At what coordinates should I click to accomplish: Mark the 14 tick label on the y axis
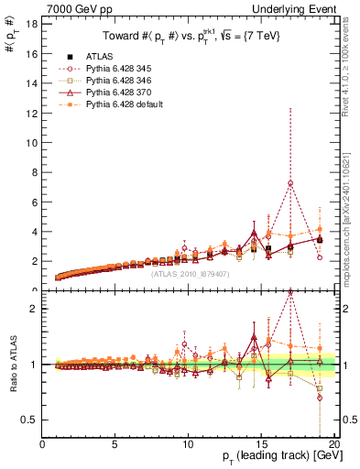(31, 82)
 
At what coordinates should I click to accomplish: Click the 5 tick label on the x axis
(115, 445)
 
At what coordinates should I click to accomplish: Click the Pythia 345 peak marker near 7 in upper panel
(290, 183)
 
